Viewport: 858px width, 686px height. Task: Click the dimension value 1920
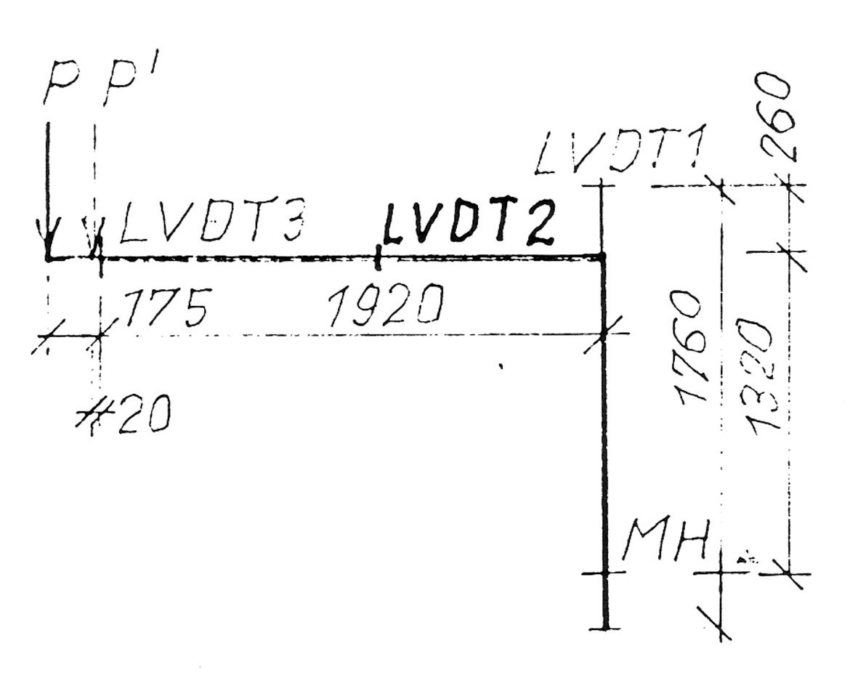coord(385,306)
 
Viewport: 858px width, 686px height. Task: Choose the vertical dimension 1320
coord(756,374)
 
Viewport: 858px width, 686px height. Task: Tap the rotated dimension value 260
coord(774,116)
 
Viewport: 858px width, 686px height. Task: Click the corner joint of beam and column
coord(603,257)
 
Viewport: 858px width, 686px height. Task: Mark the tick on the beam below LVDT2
coord(378,257)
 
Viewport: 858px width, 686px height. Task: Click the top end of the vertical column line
coord(602,186)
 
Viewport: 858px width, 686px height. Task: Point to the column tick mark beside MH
coord(604,573)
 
